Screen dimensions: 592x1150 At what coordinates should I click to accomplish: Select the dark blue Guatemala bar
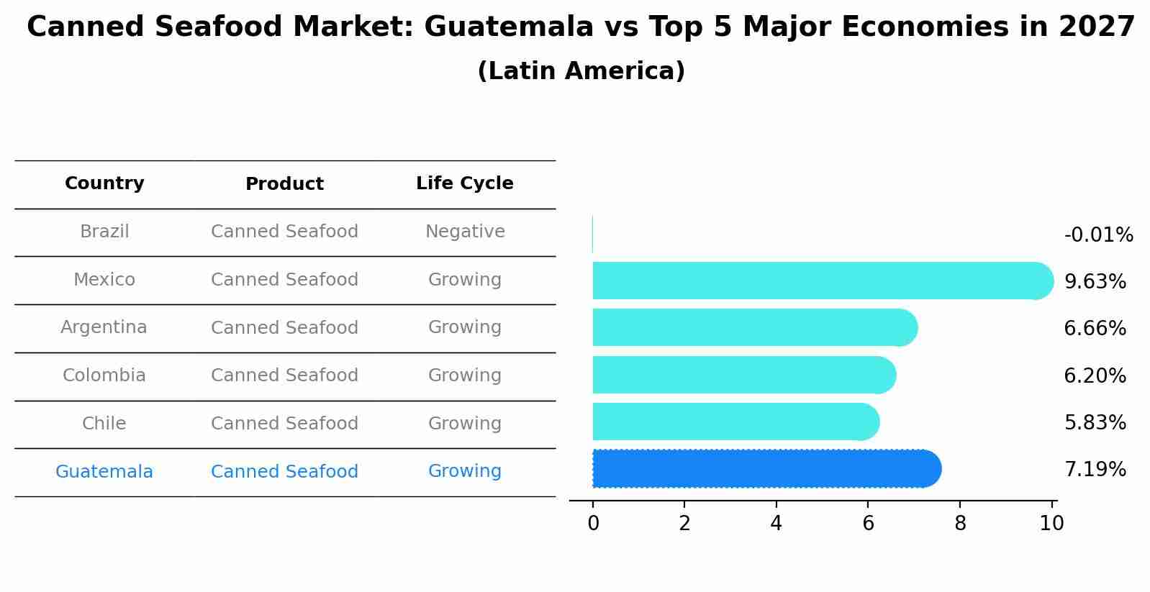click(x=763, y=469)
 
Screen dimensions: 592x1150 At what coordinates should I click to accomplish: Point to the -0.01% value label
click(x=1098, y=235)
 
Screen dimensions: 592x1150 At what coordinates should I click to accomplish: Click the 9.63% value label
click(x=1095, y=282)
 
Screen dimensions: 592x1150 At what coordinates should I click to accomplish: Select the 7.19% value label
click(x=1095, y=470)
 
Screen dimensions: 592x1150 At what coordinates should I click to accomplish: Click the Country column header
click(x=104, y=183)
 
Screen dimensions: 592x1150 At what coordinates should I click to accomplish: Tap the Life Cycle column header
click(x=464, y=183)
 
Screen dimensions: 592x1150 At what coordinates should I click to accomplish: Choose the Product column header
click(x=284, y=184)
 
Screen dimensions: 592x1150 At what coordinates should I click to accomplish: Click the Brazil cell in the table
click(x=104, y=232)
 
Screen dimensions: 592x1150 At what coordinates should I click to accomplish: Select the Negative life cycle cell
click(x=465, y=232)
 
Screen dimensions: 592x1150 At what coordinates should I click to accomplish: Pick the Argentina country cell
click(x=104, y=327)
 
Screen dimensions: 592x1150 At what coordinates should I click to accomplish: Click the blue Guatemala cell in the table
click(x=104, y=472)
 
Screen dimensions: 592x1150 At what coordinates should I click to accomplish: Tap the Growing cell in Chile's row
click(x=464, y=424)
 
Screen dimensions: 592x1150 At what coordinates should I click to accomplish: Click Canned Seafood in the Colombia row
click(x=284, y=375)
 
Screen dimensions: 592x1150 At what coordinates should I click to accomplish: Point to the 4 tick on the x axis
click(x=776, y=524)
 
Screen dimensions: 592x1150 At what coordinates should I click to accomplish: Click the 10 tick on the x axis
click(x=1051, y=524)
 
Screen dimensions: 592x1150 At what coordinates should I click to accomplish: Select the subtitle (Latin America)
click(x=581, y=71)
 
